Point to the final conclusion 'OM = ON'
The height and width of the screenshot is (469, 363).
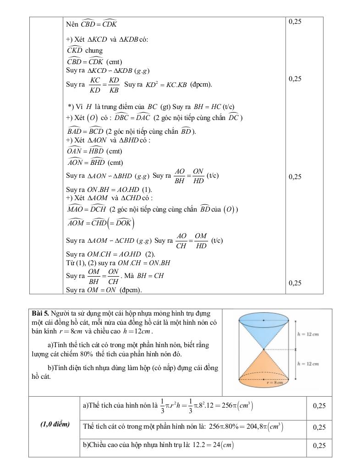[103, 290]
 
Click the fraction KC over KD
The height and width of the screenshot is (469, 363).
[95, 85]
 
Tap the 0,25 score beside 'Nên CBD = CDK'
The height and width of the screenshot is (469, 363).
[296, 22]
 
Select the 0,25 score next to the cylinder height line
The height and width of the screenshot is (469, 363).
[319, 445]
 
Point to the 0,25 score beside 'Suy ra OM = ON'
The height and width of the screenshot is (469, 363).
[296, 283]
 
